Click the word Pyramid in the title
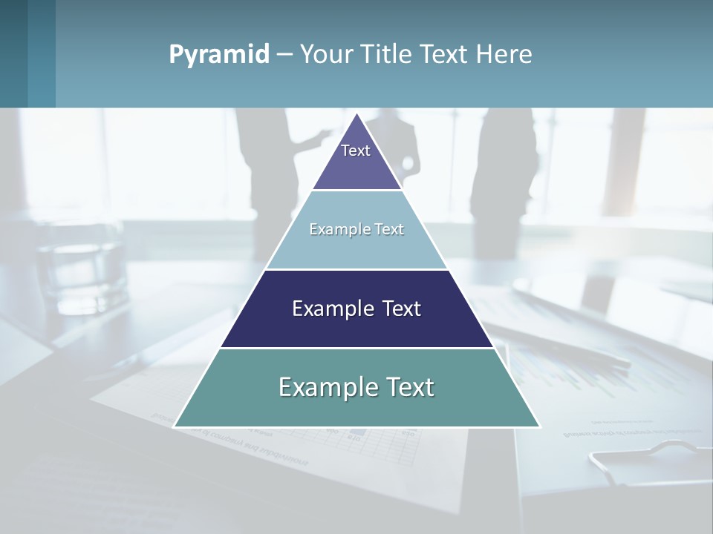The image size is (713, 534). tap(219, 54)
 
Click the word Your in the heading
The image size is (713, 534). tap(325, 54)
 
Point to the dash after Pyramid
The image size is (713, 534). tap(284, 55)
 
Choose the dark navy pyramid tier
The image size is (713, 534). tap(356, 326)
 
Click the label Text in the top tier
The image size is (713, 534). tap(356, 151)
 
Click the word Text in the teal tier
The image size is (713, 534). tap(407, 387)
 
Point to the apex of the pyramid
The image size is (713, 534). tap(357, 114)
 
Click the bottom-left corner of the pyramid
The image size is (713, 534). tap(175, 426)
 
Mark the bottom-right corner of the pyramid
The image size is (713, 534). tap(539, 426)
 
